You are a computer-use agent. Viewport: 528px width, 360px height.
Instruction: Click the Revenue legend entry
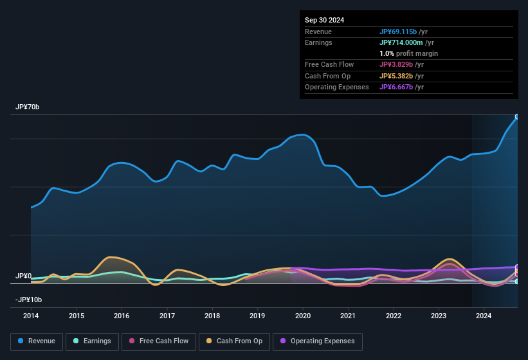click(x=37, y=341)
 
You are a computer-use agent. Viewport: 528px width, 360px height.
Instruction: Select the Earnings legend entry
click(x=92, y=341)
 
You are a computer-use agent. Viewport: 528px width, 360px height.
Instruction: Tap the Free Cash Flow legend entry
click(x=158, y=341)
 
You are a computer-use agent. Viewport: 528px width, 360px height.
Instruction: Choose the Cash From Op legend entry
click(x=234, y=341)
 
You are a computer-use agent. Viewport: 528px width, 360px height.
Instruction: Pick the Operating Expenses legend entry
click(x=317, y=341)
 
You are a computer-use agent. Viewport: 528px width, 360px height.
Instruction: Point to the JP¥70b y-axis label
click(x=28, y=107)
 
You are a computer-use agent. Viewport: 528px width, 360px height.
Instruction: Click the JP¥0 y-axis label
click(x=23, y=276)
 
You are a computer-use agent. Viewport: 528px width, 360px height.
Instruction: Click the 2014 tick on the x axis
click(x=31, y=316)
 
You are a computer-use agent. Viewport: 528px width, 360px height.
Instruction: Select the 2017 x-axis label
click(x=167, y=316)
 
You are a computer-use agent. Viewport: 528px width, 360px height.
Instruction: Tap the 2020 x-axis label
click(x=303, y=316)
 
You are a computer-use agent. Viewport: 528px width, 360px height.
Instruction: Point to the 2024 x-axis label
click(x=484, y=316)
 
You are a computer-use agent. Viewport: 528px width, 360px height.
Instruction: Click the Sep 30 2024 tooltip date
click(x=324, y=20)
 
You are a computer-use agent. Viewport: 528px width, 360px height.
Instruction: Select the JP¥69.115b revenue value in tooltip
click(x=402, y=32)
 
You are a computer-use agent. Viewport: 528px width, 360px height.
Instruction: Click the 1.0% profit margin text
click(x=409, y=53)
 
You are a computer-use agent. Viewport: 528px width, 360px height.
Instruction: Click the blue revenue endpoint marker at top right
click(x=516, y=117)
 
